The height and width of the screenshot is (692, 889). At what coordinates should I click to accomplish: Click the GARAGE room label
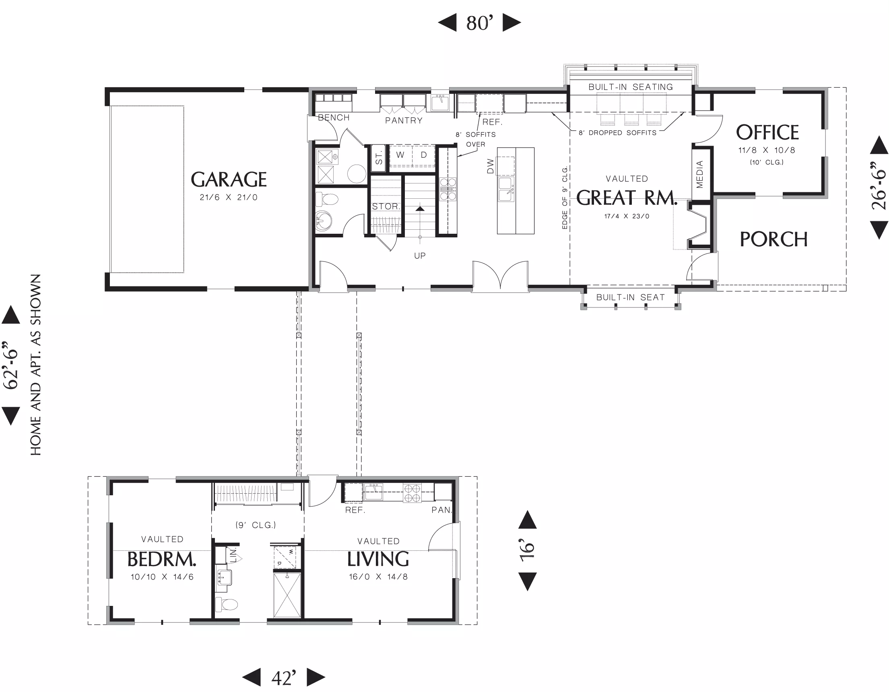[x=229, y=179]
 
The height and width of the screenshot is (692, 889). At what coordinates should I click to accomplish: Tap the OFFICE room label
[x=767, y=132]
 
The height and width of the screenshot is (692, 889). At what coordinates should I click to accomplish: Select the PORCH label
[x=773, y=239]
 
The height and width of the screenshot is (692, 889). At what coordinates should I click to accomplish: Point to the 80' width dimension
[x=479, y=23]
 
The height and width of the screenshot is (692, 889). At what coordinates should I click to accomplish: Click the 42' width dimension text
[x=284, y=678]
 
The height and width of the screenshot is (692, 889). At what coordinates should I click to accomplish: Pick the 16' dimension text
[x=527, y=550]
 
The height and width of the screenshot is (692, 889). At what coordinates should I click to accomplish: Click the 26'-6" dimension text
[x=879, y=185]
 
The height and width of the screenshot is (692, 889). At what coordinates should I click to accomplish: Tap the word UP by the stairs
[x=420, y=255]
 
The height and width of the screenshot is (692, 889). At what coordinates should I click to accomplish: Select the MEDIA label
[x=700, y=175]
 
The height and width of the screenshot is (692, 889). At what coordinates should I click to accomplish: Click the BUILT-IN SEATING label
[x=631, y=86]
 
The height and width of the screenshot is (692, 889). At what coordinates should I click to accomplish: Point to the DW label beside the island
[x=490, y=166]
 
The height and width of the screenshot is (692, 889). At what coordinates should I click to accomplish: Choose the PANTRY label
[x=404, y=120]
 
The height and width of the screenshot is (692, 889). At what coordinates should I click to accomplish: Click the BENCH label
[x=334, y=117]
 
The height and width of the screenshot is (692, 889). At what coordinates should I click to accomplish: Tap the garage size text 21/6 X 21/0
[x=228, y=197]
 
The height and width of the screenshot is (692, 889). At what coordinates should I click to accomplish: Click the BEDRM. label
[x=162, y=559]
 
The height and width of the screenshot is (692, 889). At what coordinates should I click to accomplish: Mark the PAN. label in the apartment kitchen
[x=441, y=510]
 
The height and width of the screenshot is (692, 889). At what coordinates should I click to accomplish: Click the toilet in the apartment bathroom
[x=226, y=604]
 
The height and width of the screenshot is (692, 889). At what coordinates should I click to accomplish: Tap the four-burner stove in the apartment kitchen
[x=412, y=493]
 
